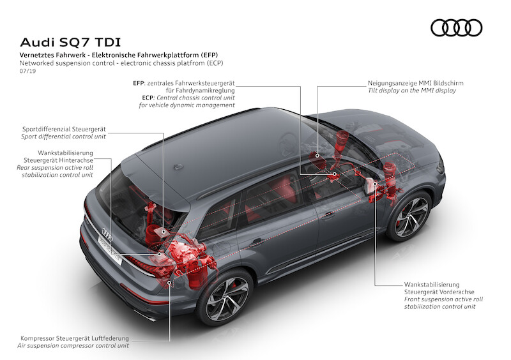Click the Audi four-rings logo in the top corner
pyautogui.click(x=456, y=28)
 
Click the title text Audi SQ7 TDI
pyautogui.click(x=65, y=43)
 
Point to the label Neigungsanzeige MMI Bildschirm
pyautogui.click(x=415, y=83)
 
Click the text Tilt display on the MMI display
pyautogui.click(x=412, y=91)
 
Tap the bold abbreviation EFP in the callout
pyautogui.click(x=139, y=83)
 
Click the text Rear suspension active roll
pyautogui.click(x=56, y=167)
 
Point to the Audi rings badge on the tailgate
pyautogui.click(x=107, y=237)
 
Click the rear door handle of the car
pyautogui.click(x=258, y=242)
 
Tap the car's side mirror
pyautogui.click(x=369, y=186)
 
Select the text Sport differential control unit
pyautogui.click(x=63, y=137)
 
